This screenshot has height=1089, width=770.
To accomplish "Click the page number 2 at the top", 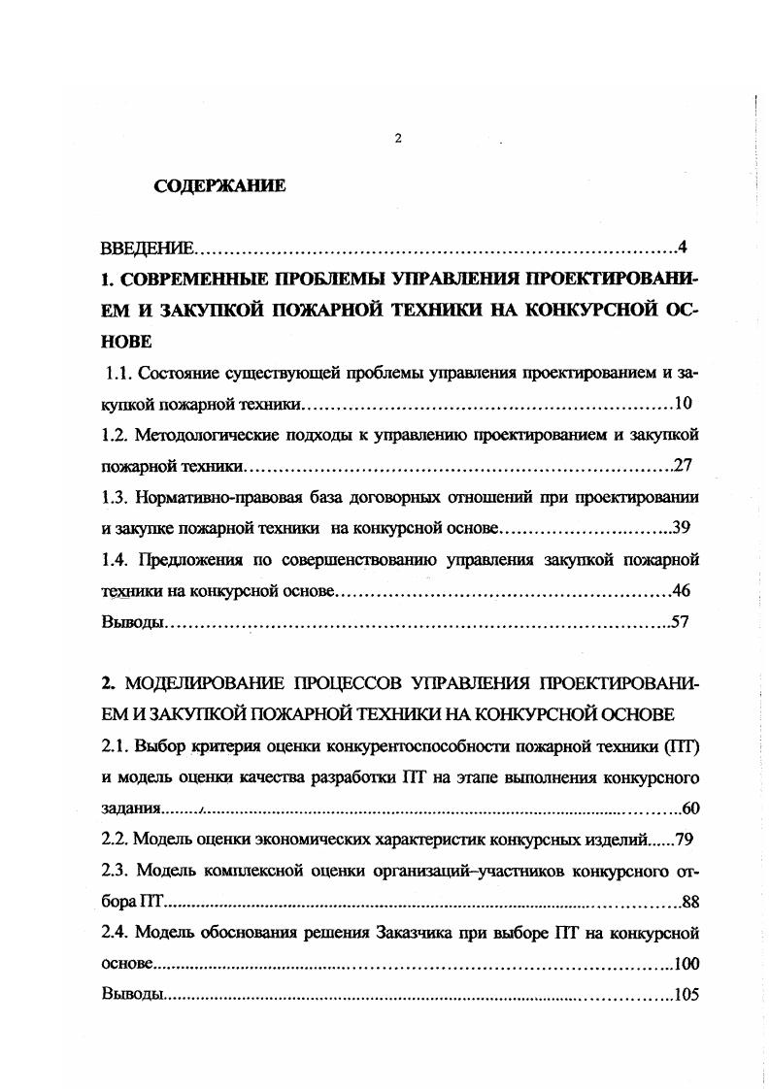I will pos(398,139).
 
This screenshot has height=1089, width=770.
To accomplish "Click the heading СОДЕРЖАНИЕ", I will pos(219,186).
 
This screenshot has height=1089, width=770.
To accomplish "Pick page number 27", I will pos(682,465).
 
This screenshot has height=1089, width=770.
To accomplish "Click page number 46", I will pos(681,590).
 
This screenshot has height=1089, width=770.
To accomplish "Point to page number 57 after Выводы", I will pos(680,622).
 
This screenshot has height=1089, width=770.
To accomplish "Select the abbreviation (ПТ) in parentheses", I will pos(681,746).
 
